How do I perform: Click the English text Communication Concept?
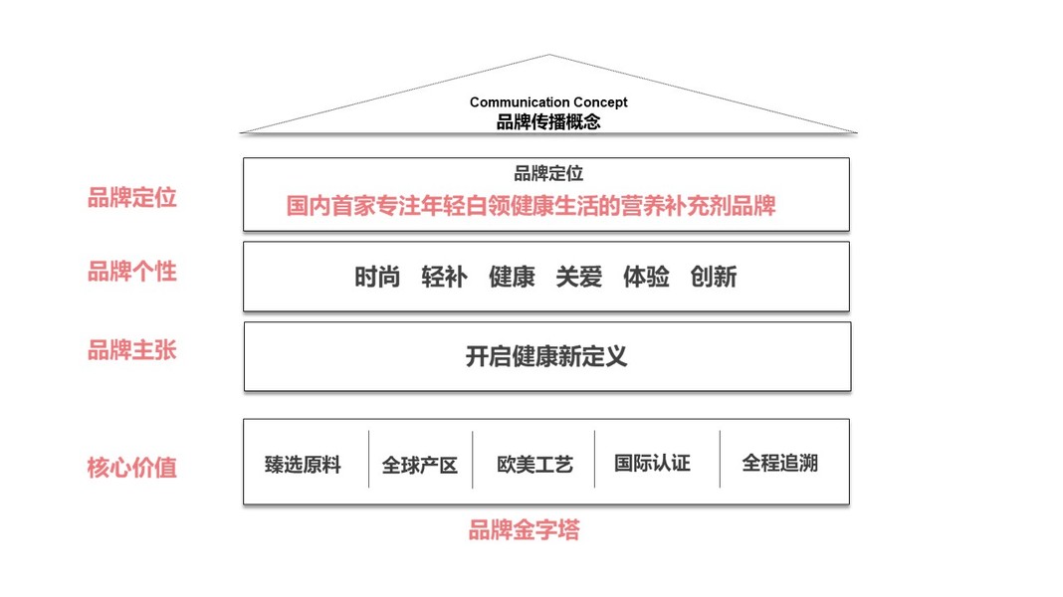(x=548, y=102)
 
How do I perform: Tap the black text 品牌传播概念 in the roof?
(x=548, y=122)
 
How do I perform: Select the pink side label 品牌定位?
(x=131, y=198)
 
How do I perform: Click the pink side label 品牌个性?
(x=131, y=272)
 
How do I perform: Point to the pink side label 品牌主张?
(x=131, y=350)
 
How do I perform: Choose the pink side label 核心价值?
(x=131, y=468)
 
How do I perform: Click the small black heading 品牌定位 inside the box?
(x=548, y=174)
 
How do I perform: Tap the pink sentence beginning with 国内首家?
(x=531, y=206)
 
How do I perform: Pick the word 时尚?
(x=377, y=277)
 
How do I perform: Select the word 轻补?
(x=444, y=277)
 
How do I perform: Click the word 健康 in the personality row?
(x=512, y=277)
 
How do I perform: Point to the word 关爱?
(x=579, y=277)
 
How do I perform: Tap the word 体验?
(x=646, y=277)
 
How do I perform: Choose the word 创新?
(x=714, y=277)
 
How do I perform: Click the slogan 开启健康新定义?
(x=546, y=356)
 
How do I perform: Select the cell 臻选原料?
(x=303, y=465)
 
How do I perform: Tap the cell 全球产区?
(x=420, y=465)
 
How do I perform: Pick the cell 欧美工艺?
(x=535, y=465)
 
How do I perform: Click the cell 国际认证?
(x=652, y=464)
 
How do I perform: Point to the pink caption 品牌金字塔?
(x=524, y=530)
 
